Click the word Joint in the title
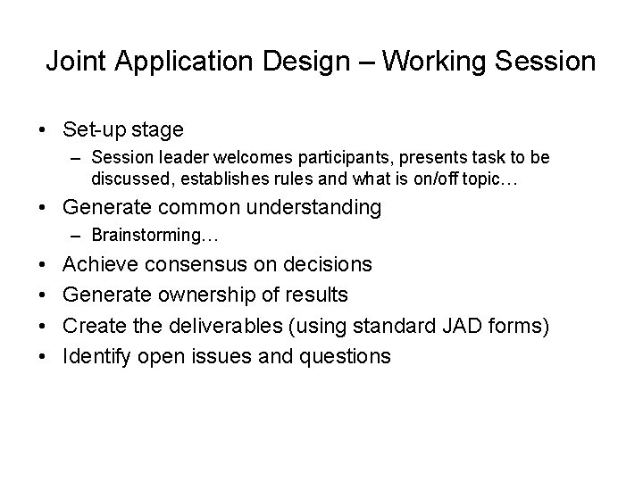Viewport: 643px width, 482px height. (x=73, y=62)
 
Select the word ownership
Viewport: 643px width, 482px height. (x=200, y=295)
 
